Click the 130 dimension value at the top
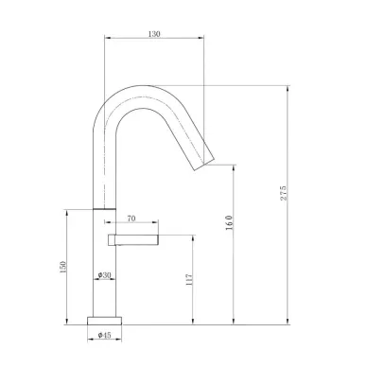pos(154,34)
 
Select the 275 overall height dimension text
pos(283,193)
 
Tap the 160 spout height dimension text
pos(229,222)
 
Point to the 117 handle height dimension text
pos(189,279)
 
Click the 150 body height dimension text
pos(63,267)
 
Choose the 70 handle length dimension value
pos(131,218)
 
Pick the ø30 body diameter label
pos(104,275)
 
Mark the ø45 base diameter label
pos(104,335)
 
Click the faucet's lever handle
pos(133,239)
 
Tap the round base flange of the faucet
pos(104,321)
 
